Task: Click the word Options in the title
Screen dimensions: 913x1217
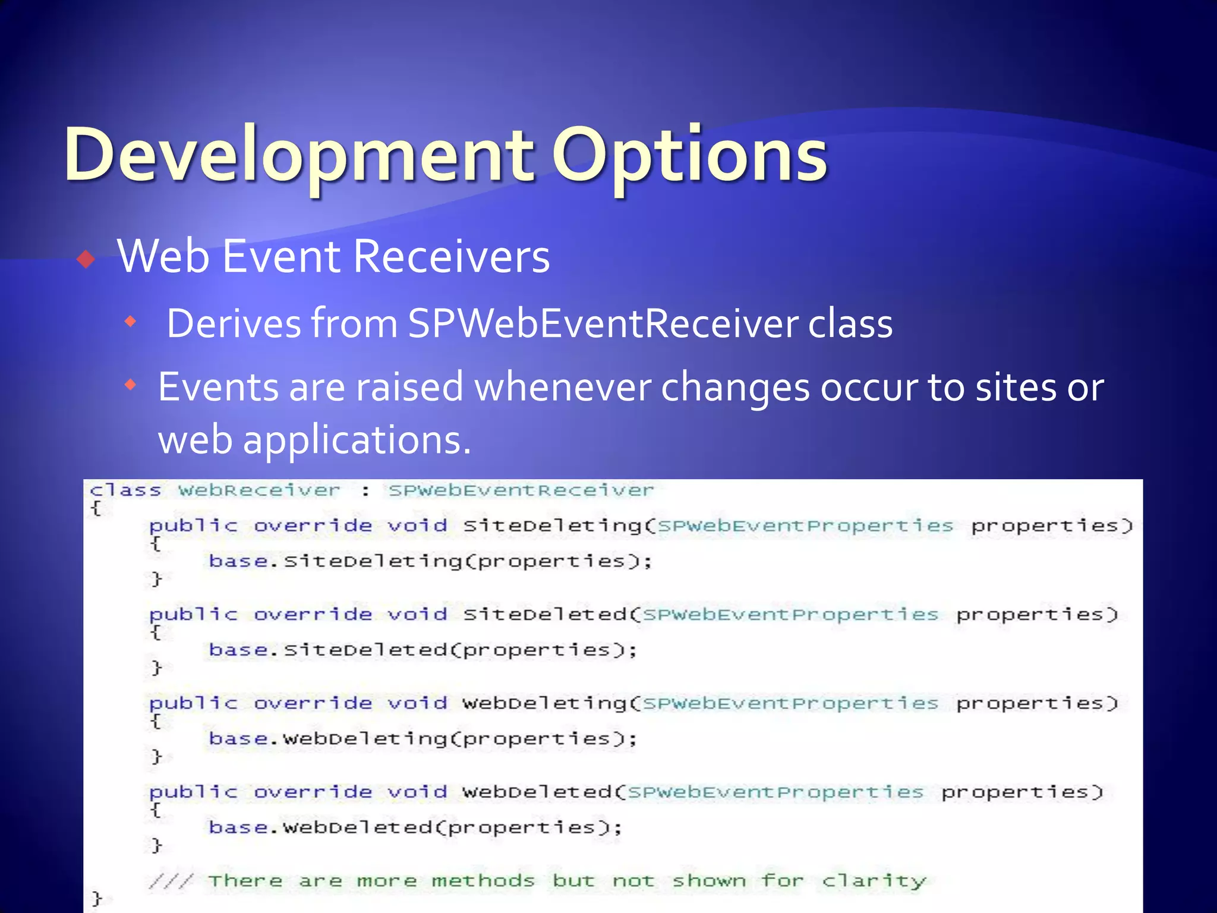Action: tap(689, 156)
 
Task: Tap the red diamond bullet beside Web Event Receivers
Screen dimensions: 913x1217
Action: tap(86, 259)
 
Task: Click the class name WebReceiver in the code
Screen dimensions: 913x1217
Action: tap(260, 491)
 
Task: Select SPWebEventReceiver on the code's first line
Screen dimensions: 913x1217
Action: tap(521, 491)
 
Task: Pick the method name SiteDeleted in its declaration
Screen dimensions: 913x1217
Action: tap(545, 615)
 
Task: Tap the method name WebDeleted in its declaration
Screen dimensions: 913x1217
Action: tap(537, 792)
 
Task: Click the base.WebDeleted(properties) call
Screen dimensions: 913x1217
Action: tap(415, 828)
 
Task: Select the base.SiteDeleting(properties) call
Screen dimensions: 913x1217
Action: tap(430, 562)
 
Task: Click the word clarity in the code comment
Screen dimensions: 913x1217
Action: tap(874, 881)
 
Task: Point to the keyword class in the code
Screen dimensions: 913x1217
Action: tap(125, 491)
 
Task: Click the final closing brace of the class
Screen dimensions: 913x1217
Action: tap(97, 898)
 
